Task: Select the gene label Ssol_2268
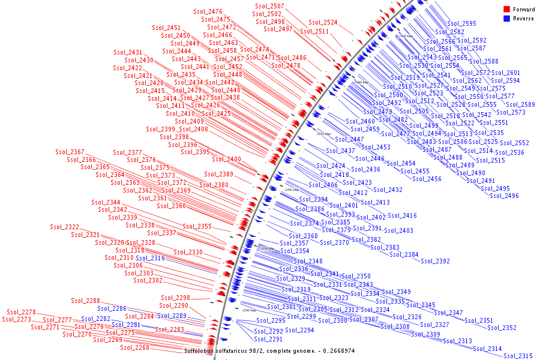[x=134, y=348]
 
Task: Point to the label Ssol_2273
[x=16, y=320]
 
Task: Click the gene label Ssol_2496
[x=504, y=196]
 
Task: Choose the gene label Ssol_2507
[x=269, y=7]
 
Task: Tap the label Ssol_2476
[x=208, y=12]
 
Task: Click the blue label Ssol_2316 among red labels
[x=150, y=259]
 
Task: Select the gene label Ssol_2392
[x=435, y=262]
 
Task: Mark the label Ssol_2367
[x=70, y=152]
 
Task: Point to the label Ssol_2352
[x=502, y=328]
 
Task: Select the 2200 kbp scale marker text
[x=292, y=190]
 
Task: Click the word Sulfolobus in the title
[x=200, y=351]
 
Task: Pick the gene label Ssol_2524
[x=323, y=23]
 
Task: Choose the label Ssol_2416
[x=402, y=216]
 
